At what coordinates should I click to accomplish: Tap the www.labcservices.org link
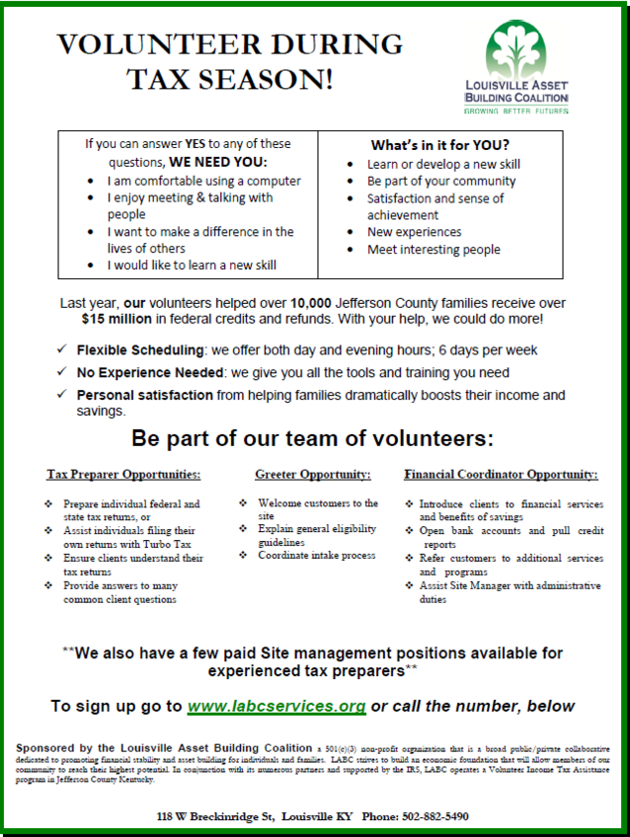276,707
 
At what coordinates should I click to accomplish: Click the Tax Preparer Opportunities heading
123,474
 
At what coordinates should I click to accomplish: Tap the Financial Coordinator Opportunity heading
501,474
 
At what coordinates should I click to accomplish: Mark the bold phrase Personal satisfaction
144,395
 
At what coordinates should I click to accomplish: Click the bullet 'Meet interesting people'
433,250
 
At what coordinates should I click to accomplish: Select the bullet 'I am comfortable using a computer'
204,181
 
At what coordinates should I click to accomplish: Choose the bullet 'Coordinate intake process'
316,556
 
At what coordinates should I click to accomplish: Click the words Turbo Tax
169,544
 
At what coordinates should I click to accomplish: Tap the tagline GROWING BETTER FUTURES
516,112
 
